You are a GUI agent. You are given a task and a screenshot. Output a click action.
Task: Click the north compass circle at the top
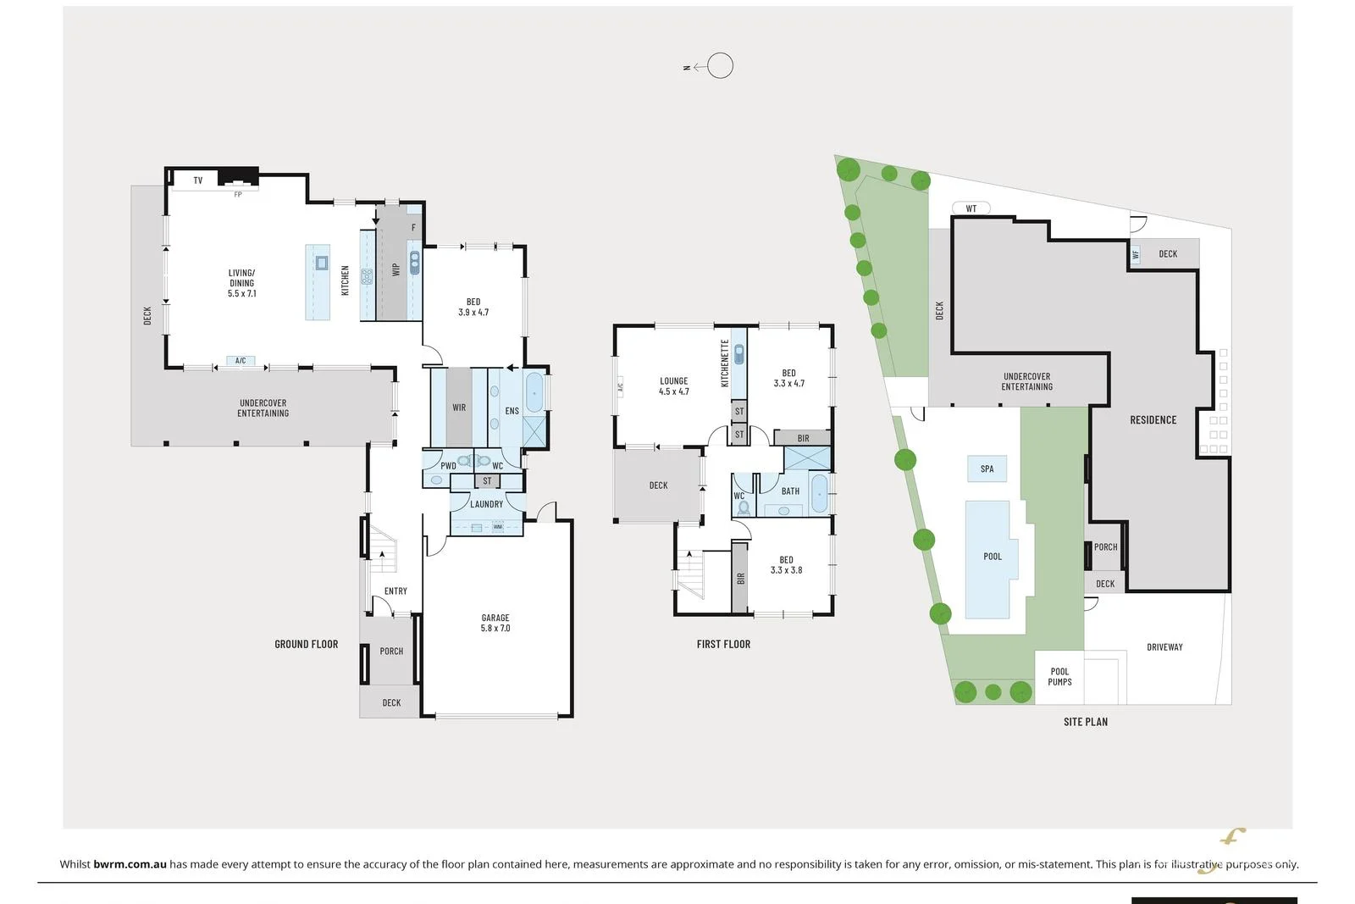point(720,65)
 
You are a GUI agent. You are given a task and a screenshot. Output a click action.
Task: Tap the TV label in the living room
point(198,180)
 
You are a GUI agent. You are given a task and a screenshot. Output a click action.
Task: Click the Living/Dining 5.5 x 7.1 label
point(241,283)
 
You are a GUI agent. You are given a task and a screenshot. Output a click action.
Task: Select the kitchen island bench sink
point(322,263)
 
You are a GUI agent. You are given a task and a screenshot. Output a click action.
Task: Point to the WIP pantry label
point(395,269)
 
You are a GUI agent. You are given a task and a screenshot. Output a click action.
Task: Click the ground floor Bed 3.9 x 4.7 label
point(473,307)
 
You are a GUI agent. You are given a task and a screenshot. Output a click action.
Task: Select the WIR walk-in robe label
point(459,408)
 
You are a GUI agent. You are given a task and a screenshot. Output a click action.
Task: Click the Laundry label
point(486,504)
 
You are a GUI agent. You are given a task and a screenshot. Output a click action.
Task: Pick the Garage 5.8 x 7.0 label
point(495,623)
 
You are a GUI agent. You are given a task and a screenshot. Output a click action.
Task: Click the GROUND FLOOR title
point(306,644)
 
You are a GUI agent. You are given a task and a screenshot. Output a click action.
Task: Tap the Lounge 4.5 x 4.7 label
point(674,386)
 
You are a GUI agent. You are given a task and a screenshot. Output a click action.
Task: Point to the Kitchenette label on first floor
point(725,363)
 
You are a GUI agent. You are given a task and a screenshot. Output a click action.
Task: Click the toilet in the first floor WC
point(744,507)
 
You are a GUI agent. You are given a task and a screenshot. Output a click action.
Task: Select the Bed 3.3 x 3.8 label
point(786,565)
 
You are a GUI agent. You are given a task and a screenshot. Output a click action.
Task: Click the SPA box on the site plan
point(987,469)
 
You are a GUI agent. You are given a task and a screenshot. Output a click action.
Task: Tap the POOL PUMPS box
point(1059,677)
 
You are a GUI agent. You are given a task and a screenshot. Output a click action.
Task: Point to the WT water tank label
point(971,208)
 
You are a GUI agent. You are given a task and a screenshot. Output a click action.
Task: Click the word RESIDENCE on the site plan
point(1153,420)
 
